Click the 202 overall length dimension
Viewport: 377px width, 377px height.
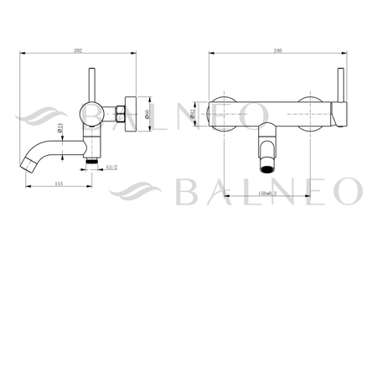click(x=77, y=51)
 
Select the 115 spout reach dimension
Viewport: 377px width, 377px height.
click(x=58, y=183)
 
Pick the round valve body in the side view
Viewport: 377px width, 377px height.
click(x=90, y=111)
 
